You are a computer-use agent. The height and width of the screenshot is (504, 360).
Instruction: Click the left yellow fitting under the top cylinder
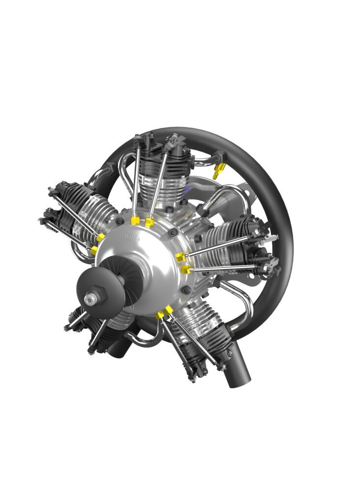pos(134,220)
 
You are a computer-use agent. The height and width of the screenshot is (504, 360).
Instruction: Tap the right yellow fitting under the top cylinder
pos(150,222)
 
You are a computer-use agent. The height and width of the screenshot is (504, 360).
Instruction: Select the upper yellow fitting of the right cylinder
pos(180,257)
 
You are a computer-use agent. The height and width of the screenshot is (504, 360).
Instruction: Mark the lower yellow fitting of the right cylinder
pos(185,269)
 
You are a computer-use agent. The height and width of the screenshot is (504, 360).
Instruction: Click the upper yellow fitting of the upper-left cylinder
pos(100,238)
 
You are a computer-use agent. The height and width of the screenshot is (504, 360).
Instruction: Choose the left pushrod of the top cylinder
pos(136,182)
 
